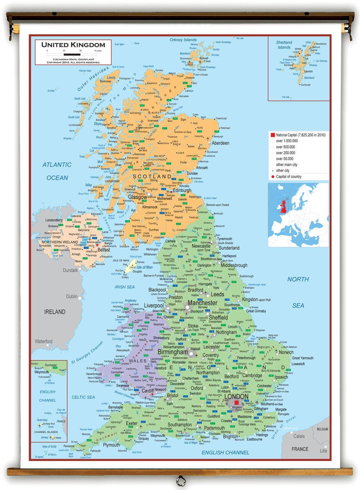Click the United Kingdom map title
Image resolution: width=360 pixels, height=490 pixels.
(x=73, y=45)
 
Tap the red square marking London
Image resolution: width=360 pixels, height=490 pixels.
(x=236, y=403)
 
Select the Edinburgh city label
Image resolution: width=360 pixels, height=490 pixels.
(x=182, y=190)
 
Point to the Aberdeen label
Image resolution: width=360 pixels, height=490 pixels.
(x=220, y=143)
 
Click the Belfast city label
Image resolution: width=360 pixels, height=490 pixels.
(x=103, y=250)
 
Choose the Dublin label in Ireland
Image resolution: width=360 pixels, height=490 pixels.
(x=72, y=297)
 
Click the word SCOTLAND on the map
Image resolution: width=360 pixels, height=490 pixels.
(x=152, y=176)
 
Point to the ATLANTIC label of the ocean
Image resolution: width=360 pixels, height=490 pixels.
(x=57, y=165)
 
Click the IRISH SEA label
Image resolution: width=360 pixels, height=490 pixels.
(x=125, y=287)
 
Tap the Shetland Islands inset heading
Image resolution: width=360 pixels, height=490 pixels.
(x=284, y=45)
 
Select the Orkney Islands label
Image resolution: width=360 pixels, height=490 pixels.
(x=183, y=40)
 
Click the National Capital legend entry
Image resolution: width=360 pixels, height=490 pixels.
(x=298, y=135)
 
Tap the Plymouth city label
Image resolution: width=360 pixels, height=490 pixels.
(x=111, y=445)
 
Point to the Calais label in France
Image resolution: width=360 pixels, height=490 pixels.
(x=299, y=436)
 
